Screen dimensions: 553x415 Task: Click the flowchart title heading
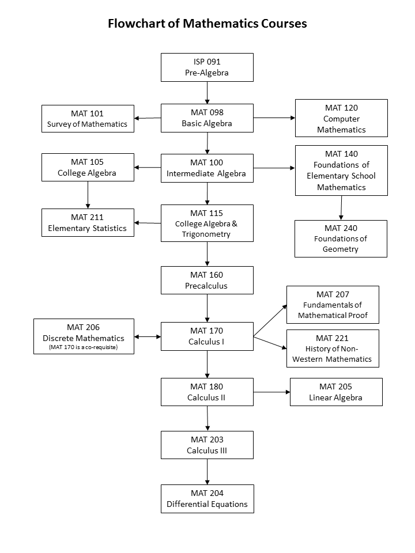tap(207, 24)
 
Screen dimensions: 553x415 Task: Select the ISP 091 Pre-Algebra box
tap(207, 67)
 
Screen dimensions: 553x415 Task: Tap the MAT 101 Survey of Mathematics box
tap(88, 119)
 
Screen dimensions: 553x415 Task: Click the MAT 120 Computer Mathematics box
tap(341, 118)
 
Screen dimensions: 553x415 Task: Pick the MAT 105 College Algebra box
tap(88, 167)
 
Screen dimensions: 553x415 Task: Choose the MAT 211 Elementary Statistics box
tap(88, 222)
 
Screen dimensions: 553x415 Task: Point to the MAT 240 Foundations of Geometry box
tap(341, 238)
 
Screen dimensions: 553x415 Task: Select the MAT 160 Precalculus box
tap(207, 280)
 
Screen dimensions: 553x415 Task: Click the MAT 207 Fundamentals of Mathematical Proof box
tap(333, 305)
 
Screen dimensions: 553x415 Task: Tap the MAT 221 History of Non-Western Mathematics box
tap(333, 349)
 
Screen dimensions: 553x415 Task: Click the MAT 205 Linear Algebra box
tap(336, 392)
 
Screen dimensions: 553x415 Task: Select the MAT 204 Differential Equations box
tap(207, 498)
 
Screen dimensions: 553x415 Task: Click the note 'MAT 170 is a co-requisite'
tap(84, 347)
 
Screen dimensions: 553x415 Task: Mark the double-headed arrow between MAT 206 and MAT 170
tap(148, 337)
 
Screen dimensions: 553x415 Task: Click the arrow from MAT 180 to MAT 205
tap(271, 392)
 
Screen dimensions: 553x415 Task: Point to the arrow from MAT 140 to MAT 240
tap(341, 208)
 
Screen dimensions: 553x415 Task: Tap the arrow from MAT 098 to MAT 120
tap(274, 118)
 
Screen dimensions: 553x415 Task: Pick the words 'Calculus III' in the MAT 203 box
tap(207, 450)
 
